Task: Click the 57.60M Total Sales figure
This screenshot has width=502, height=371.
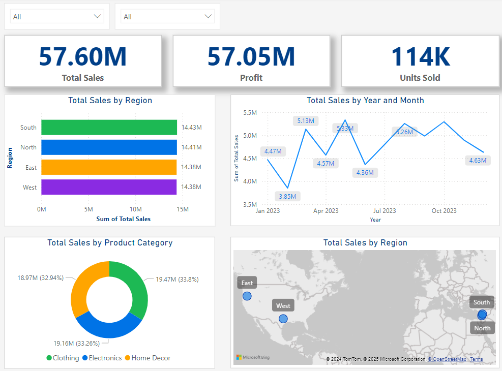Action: pyautogui.click(x=82, y=56)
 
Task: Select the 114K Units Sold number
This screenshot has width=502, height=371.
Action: pyautogui.click(x=420, y=56)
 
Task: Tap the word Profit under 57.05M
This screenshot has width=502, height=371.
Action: pyautogui.click(x=251, y=78)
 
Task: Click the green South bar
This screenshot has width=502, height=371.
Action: pyautogui.click(x=109, y=128)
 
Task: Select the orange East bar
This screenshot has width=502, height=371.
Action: pyautogui.click(x=109, y=167)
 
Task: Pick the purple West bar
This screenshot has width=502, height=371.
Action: pyautogui.click(x=109, y=187)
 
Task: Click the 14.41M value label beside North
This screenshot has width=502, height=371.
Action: pyautogui.click(x=191, y=147)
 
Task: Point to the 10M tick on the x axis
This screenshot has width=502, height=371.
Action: pyautogui.click(x=135, y=209)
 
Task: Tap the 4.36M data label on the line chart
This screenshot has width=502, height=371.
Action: pyautogui.click(x=365, y=172)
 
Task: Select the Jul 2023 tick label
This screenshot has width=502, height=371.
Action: pyautogui.click(x=385, y=210)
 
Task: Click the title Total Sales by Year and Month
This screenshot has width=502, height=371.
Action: pyautogui.click(x=365, y=101)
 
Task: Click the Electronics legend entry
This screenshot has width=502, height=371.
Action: pyautogui.click(x=102, y=358)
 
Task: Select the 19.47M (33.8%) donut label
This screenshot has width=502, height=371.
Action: pyautogui.click(x=177, y=279)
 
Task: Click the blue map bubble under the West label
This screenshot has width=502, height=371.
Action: pyautogui.click(x=283, y=319)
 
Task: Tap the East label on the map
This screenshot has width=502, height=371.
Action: pyautogui.click(x=247, y=283)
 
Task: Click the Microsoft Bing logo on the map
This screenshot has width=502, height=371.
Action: pyautogui.click(x=253, y=357)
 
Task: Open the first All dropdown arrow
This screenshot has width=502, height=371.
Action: pyautogui.click(x=98, y=17)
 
